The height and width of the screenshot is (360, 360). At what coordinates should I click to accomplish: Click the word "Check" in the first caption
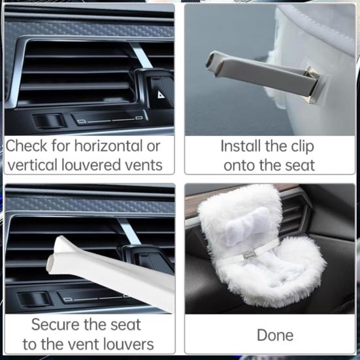click(x=26, y=146)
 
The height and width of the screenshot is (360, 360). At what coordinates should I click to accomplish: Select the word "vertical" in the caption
click(x=33, y=165)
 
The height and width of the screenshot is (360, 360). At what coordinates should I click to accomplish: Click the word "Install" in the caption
click(x=240, y=146)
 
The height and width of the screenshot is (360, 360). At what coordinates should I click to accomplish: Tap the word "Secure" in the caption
click(x=56, y=325)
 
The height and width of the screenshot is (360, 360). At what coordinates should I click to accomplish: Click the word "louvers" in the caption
click(x=128, y=344)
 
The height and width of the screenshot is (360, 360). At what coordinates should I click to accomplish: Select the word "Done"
click(x=275, y=335)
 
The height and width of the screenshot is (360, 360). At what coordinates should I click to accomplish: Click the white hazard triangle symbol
click(x=161, y=94)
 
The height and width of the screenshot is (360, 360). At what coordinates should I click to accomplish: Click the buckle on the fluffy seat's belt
click(x=248, y=255)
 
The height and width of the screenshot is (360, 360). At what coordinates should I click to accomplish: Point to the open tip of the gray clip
click(x=210, y=59)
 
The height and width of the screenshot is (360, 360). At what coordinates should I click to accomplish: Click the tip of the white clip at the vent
click(x=50, y=264)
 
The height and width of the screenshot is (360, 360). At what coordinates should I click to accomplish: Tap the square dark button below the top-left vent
click(x=48, y=121)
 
